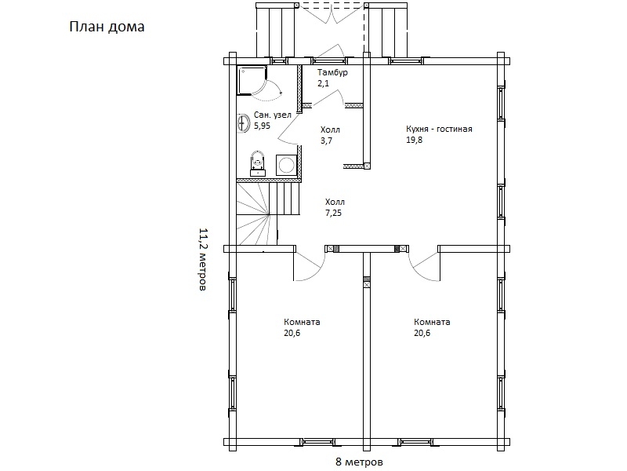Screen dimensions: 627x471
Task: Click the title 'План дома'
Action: [107, 27]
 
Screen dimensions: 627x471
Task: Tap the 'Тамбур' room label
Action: [332, 73]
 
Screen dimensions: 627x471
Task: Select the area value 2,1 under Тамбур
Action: [323, 84]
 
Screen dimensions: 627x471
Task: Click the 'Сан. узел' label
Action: [273, 115]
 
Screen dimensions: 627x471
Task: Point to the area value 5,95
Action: [262, 126]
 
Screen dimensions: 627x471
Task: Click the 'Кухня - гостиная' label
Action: [439, 130]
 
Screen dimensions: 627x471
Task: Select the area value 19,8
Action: [415, 141]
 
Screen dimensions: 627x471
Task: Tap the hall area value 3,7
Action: [326, 141]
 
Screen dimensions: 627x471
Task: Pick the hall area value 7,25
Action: [334, 213]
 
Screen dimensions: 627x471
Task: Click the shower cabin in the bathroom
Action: [252, 81]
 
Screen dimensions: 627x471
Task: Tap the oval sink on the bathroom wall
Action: [242, 122]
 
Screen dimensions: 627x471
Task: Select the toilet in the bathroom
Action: [258, 163]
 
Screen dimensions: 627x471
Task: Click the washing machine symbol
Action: [286, 165]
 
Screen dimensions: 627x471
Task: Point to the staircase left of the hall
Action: [268, 214]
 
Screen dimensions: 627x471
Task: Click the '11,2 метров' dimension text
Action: [203, 260]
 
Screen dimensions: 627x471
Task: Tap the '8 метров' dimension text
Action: [359, 462]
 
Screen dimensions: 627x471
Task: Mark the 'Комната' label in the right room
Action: [432, 322]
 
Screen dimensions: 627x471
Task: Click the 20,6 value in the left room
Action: [292, 333]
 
